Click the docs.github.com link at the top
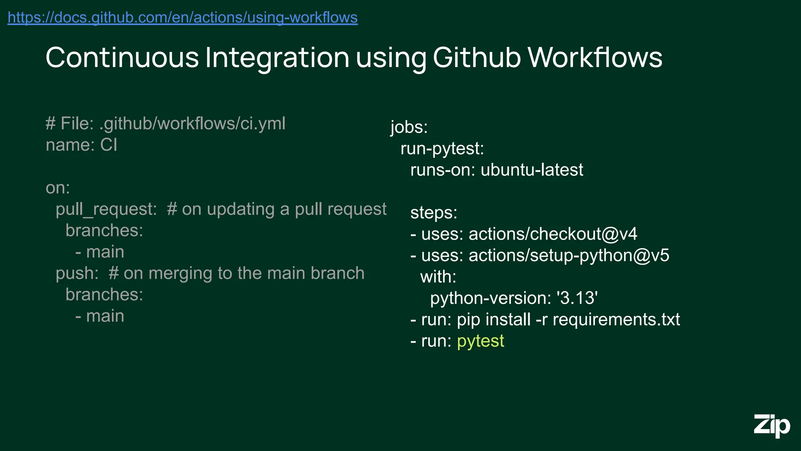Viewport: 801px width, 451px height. click(182, 18)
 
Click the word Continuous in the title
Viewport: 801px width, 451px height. click(122, 58)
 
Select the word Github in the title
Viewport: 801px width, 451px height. click(476, 58)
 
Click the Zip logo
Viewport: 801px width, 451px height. click(772, 426)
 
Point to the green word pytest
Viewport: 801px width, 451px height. click(480, 341)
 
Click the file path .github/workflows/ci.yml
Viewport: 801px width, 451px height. click(192, 124)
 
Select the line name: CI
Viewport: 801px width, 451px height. click(81, 145)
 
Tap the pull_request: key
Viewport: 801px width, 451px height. click(106, 209)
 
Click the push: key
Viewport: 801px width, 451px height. click(77, 273)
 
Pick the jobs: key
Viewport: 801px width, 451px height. click(409, 127)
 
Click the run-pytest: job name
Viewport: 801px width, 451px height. click(442, 149)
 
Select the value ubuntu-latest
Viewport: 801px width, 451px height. click(532, 170)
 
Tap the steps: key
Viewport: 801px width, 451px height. click(434, 213)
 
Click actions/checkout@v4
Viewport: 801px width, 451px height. click(553, 234)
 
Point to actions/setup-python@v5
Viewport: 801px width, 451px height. click(569, 256)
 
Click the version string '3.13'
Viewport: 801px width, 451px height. click(577, 298)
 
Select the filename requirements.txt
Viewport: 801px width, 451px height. click(616, 320)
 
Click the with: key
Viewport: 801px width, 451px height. click(438, 277)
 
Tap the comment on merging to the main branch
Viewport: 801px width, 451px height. click(237, 273)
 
